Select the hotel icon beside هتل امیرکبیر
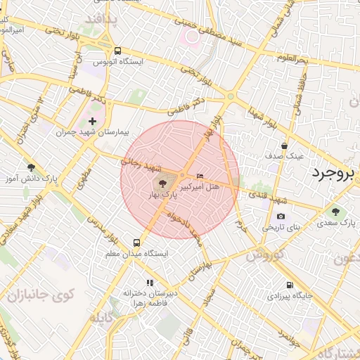(x=200, y=176)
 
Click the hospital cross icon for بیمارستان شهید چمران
(x=92, y=122)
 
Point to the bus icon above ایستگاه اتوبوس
(x=117, y=51)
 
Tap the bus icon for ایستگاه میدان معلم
(x=137, y=243)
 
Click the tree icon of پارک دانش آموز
(x=30, y=167)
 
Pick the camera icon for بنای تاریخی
(x=281, y=217)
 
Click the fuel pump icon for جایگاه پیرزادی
(x=290, y=285)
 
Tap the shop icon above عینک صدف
(x=284, y=146)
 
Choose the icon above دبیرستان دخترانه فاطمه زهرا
(x=150, y=282)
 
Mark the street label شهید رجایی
(x=141, y=165)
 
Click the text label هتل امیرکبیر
(x=200, y=188)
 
